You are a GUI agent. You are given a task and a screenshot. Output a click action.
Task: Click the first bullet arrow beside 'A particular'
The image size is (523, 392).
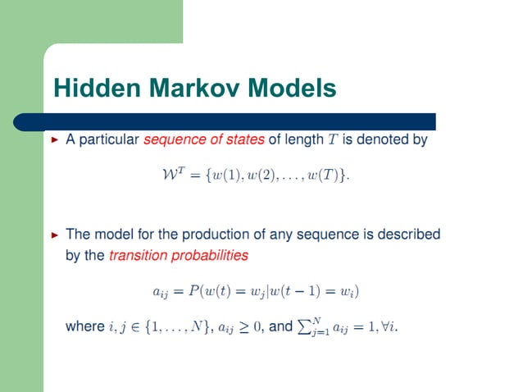(56, 140)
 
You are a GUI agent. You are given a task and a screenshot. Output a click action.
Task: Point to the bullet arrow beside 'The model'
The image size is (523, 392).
(56, 235)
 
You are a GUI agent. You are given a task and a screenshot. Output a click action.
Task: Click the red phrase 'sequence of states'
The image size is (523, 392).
(203, 139)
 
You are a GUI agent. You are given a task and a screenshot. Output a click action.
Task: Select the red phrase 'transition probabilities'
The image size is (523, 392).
(178, 255)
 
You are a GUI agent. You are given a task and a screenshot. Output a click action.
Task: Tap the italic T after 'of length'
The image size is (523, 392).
(332, 140)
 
